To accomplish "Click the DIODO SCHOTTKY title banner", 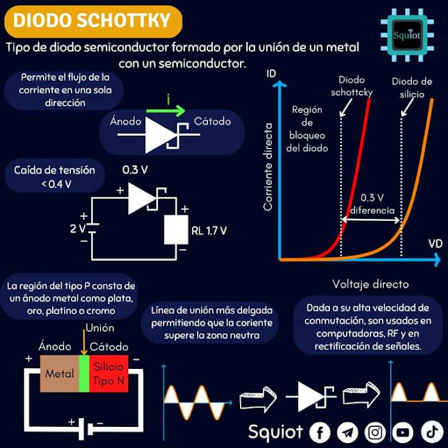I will click(93, 20).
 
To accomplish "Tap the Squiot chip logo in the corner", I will click(408, 35).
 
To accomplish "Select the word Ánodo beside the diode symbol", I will click(126, 122).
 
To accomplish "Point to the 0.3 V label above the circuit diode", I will click(135, 168).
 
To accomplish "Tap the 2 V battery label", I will click(78, 228).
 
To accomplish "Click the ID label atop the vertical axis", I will click(271, 74).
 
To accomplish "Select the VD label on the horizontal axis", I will click(434, 243).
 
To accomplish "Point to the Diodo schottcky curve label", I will click(351, 86).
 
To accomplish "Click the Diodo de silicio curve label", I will click(411, 88).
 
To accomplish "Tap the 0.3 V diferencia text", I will click(372, 205).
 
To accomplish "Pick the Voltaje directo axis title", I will click(370, 284).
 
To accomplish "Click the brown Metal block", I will click(59, 374).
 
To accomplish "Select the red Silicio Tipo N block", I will click(109, 374).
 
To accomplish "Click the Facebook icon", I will click(319, 432).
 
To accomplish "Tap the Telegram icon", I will click(347, 432).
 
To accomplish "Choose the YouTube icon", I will click(403, 432).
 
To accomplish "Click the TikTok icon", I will click(431, 432).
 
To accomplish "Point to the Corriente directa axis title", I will click(268, 166).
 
